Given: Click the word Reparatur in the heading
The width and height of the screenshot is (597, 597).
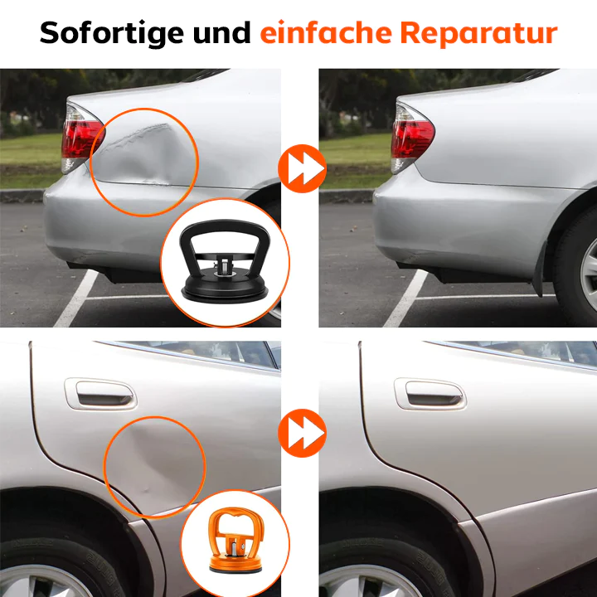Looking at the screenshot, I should [x=478, y=33].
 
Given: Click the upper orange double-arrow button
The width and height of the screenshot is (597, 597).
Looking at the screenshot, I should [x=300, y=167].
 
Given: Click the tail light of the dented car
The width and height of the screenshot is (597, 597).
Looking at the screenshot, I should [x=81, y=137].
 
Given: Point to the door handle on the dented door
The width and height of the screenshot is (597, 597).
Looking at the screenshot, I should [x=100, y=393].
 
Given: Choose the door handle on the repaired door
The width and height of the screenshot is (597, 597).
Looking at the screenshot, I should [x=430, y=393].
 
